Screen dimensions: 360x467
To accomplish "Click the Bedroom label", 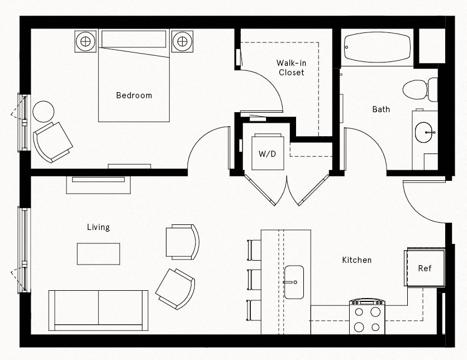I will (x=134, y=95).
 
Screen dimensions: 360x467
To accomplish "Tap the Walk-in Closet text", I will (x=291, y=68).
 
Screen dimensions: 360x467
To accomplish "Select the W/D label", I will (x=267, y=153).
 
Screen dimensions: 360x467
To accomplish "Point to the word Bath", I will (x=381, y=109).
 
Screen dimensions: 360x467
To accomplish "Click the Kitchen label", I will (x=356, y=260).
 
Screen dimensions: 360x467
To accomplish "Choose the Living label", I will (x=98, y=227).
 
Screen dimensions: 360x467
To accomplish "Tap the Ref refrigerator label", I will (x=425, y=268).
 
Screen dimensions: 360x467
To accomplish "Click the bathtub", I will (x=377, y=47).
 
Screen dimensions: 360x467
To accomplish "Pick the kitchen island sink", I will (x=293, y=282).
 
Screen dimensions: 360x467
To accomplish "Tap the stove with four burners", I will (x=367, y=317).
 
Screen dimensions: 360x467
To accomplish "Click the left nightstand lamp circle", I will (x=85, y=40).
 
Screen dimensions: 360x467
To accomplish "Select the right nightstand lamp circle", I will (x=182, y=40).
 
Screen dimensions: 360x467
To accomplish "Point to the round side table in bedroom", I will (x=43, y=111).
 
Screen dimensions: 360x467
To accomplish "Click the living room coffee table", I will (x=98, y=253).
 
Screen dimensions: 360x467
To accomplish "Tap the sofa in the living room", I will (x=98, y=310).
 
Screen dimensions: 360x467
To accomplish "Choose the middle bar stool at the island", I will (x=254, y=279).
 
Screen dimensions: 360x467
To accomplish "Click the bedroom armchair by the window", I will (x=53, y=142).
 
